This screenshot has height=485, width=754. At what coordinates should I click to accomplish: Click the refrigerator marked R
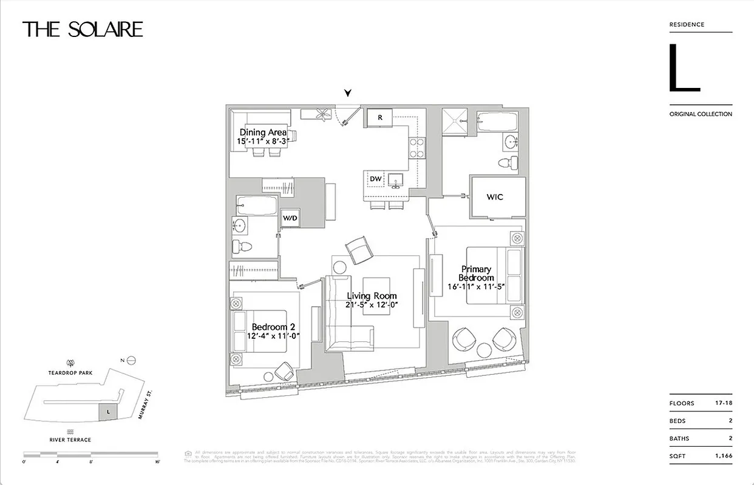pos(380,117)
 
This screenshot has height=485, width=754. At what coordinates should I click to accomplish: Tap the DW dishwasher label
pos(375,179)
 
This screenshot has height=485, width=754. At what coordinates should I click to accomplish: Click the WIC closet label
pos(495,197)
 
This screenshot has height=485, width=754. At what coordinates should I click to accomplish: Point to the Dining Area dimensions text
pos(263,141)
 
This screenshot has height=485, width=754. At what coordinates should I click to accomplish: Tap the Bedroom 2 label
pos(272,327)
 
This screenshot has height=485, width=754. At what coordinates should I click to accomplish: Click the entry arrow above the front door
pos(348,93)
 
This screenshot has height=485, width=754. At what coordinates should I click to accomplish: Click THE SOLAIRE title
pos(83,29)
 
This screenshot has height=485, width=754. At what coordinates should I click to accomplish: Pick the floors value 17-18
pos(721,403)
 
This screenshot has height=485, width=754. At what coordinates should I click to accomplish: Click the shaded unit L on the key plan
pos(107,412)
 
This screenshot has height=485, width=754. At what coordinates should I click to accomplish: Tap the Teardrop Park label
pos(71,374)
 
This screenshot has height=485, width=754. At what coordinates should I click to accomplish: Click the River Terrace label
pos(70,440)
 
